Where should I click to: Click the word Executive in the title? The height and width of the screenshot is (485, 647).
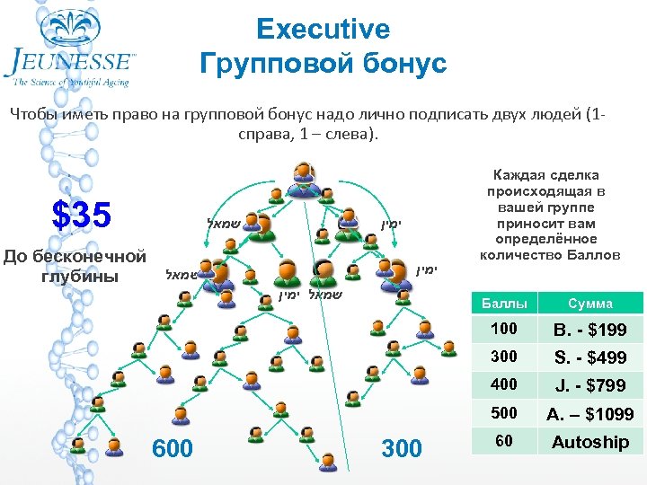[323, 30]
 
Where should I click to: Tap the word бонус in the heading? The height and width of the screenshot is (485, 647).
[400, 65]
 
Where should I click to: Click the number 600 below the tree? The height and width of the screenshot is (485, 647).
[173, 447]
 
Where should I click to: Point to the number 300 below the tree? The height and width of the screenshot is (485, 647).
[402, 447]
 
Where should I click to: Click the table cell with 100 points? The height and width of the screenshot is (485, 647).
[503, 330]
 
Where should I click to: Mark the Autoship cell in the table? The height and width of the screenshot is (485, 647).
[589, 442]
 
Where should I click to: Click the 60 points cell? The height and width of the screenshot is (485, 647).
[503, 441]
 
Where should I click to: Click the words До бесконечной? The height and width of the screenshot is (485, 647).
[75, 257]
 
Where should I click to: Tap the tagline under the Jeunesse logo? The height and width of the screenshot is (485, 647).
[71, 83]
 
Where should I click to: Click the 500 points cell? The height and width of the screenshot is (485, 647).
[503, 413]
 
